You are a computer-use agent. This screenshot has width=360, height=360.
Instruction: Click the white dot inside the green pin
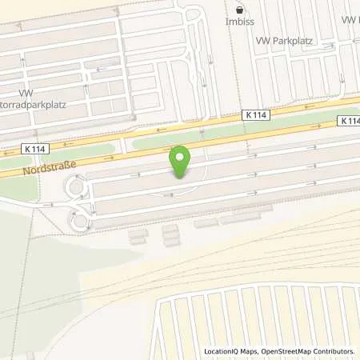182,156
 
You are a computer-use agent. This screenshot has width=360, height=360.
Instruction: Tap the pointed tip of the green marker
182,178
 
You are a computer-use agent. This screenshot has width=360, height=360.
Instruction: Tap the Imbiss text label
239,22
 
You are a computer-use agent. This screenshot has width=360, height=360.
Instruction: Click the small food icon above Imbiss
239,10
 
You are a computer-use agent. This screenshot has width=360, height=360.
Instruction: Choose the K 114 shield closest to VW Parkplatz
256,115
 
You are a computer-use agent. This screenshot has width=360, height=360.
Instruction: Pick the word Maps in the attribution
254,351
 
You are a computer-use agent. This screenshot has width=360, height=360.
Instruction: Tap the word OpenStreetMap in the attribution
294,351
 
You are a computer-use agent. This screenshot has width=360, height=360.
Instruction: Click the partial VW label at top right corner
350,19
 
